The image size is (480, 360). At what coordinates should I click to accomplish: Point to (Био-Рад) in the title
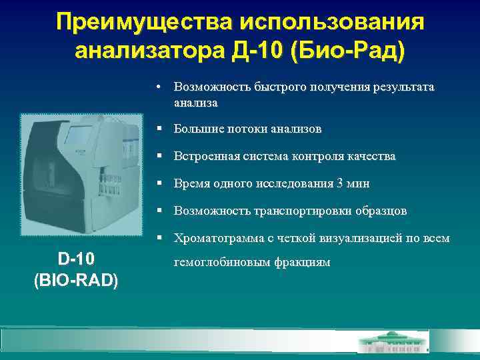[346, 51]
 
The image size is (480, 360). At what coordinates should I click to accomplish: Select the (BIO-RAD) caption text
[75, 280]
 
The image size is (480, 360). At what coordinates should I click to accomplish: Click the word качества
[370, 156]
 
